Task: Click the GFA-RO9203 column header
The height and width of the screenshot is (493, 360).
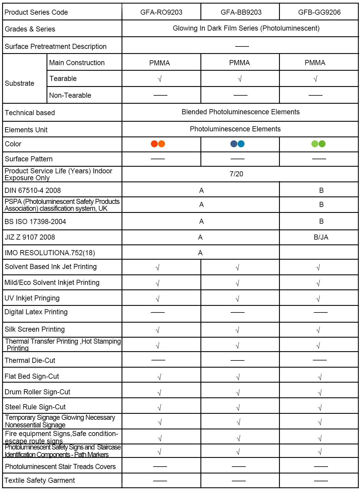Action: click(x=161, y=12)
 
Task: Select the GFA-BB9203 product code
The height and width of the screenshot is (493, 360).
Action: click(x=241, y=12)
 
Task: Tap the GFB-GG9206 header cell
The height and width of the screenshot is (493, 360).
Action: click(x=319, y=12)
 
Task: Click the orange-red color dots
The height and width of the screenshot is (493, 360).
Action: click(x=158, y=144)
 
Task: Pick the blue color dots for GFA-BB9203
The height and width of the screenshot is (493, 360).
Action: click(x=237, y=144)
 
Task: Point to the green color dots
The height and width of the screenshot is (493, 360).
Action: click(x=318, y=144)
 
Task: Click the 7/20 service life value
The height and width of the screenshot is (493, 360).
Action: click(x=236, y=174)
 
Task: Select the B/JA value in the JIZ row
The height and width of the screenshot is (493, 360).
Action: click(x=321, y=238)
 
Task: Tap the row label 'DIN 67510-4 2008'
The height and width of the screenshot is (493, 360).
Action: click(x=33, y=190)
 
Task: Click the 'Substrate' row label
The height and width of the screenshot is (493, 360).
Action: click(x=19, y=83)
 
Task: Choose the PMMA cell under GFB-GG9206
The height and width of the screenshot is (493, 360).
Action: click(x=315, y=63)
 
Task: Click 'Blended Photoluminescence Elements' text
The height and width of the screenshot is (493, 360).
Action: click(x=241, y=112)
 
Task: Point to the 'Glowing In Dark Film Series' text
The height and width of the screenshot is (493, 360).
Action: click(x=246, y=28)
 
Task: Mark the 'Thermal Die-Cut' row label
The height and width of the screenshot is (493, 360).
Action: click(x=30, y=360)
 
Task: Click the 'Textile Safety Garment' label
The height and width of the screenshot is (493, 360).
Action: click(x=40, y=480)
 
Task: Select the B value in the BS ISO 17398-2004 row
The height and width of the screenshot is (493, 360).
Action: click(x=321, y=221)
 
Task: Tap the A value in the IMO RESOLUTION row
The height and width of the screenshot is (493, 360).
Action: click(x=200, y=253)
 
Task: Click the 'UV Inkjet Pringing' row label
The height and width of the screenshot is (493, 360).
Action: click(x=32, y=298)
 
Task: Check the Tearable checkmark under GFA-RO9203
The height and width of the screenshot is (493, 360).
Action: click(x=160, y=79)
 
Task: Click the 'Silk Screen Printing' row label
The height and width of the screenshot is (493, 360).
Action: click(x=34, y=329)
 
